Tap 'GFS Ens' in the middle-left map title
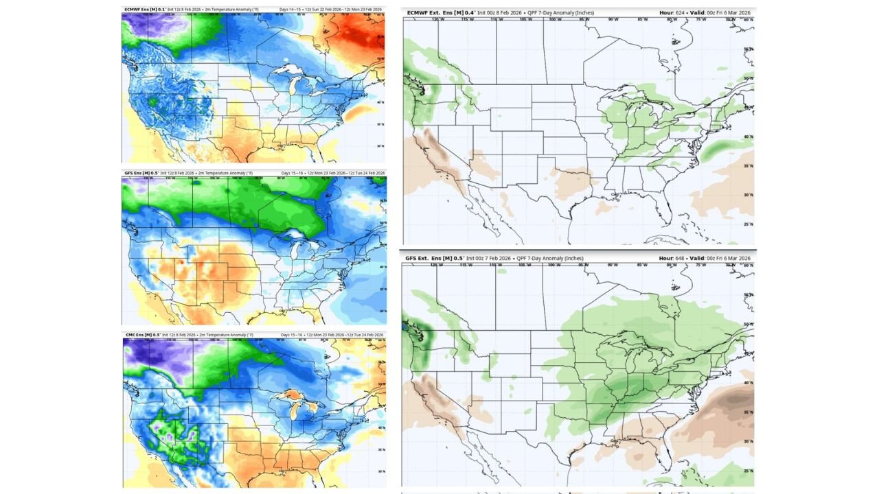pos(133,173)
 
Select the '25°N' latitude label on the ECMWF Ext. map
pos(748,224)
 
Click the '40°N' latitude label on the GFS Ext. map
pos(748,382)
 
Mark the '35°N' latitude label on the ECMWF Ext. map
pos(748,166)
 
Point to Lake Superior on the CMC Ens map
pos(288,396)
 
